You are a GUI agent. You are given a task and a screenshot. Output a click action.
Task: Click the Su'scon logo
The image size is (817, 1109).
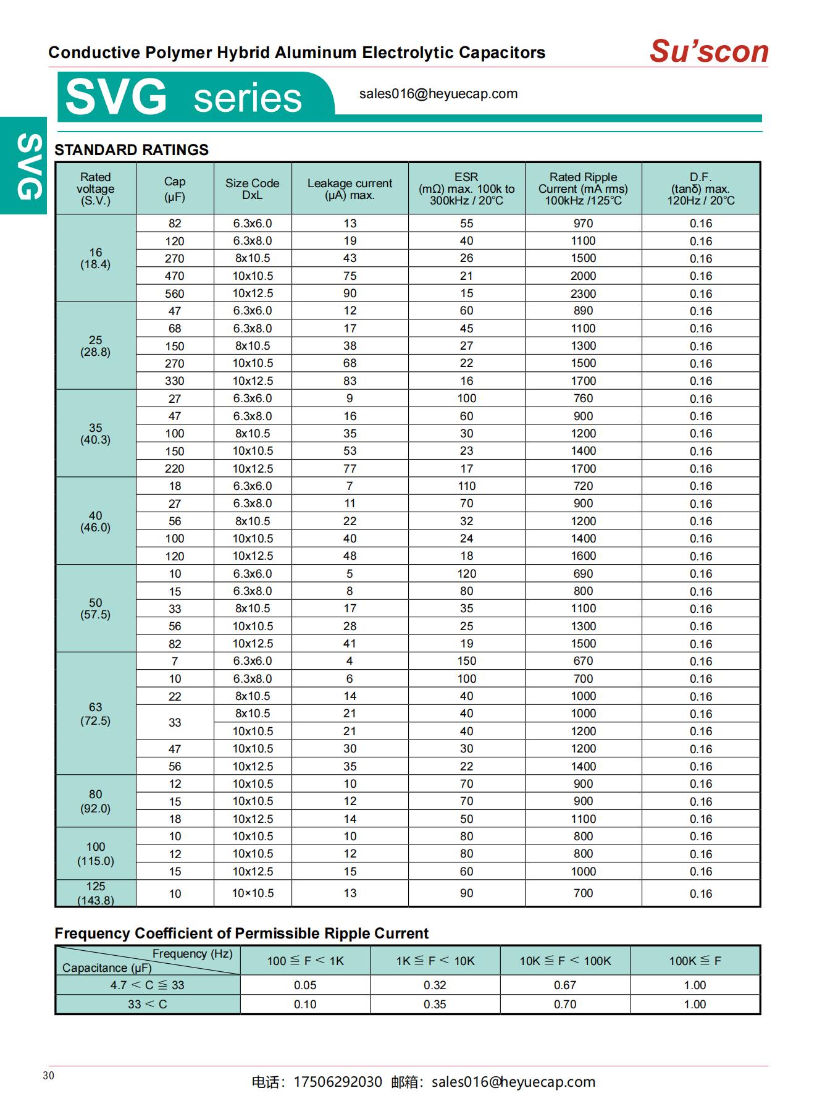tap(708, 51)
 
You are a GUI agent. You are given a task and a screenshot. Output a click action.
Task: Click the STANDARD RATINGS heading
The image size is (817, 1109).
tap(132, 150)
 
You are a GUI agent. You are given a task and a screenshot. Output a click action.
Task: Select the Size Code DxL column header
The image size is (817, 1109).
tap(252, 188)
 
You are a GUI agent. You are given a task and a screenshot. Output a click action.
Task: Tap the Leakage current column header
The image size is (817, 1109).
tap(350, 188)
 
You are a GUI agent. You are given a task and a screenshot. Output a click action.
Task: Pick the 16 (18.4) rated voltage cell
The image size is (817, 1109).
tap(95, 258)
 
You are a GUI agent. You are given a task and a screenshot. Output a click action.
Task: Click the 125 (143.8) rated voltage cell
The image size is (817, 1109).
tap(95, 893)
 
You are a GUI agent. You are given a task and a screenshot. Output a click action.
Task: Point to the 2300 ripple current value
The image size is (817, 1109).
tap(583, 293)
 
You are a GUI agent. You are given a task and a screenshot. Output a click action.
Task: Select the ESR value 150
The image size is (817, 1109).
tap(466, 661)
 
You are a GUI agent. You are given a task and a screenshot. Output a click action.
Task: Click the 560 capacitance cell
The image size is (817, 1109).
tap(175, 293)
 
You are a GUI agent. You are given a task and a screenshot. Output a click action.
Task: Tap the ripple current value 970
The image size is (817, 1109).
tap(583, 224)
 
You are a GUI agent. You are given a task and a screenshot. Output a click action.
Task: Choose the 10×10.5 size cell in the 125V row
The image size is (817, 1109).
tap(253, 893)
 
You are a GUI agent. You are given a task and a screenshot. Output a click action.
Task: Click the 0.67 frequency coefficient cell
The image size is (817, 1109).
tap(564, 985)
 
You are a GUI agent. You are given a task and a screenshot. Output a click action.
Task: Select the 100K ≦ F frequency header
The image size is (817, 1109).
tap(695, 961)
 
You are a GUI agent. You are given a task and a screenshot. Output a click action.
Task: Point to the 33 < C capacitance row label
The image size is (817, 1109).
tap(147, 1005)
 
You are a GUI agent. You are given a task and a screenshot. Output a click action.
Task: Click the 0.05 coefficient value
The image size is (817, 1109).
tap(305, 985)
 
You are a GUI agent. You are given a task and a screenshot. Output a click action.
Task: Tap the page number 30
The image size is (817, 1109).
tap(49, 1076)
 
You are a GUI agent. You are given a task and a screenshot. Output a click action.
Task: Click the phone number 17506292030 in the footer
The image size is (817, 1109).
tap(337, 1082)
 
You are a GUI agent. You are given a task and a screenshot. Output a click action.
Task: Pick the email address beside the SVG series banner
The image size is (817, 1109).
tap(438, 94)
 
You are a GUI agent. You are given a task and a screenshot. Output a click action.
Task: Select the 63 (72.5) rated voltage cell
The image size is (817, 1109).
tap(95, 714)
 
